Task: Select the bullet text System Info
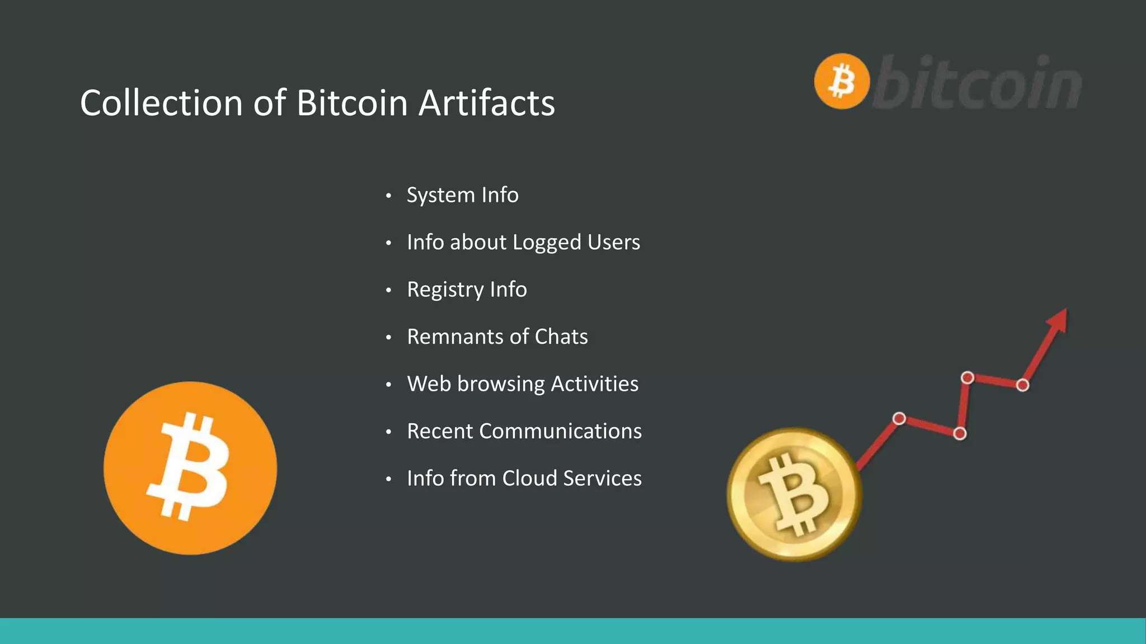click(462, 195)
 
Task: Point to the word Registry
click(445, 290)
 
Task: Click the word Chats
click(561, 337)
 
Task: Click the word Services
click(602, 479)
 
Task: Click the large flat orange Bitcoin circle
click(190, 468)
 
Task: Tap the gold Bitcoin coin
click(794, 494)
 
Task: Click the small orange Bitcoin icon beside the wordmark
click(842, 81)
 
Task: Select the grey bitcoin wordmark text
click(977, 83)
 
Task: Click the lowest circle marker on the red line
click(960, 434)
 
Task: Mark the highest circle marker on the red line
click(967, 378)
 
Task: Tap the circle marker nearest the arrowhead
click(1022, 385)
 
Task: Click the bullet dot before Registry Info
click(388, 290)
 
